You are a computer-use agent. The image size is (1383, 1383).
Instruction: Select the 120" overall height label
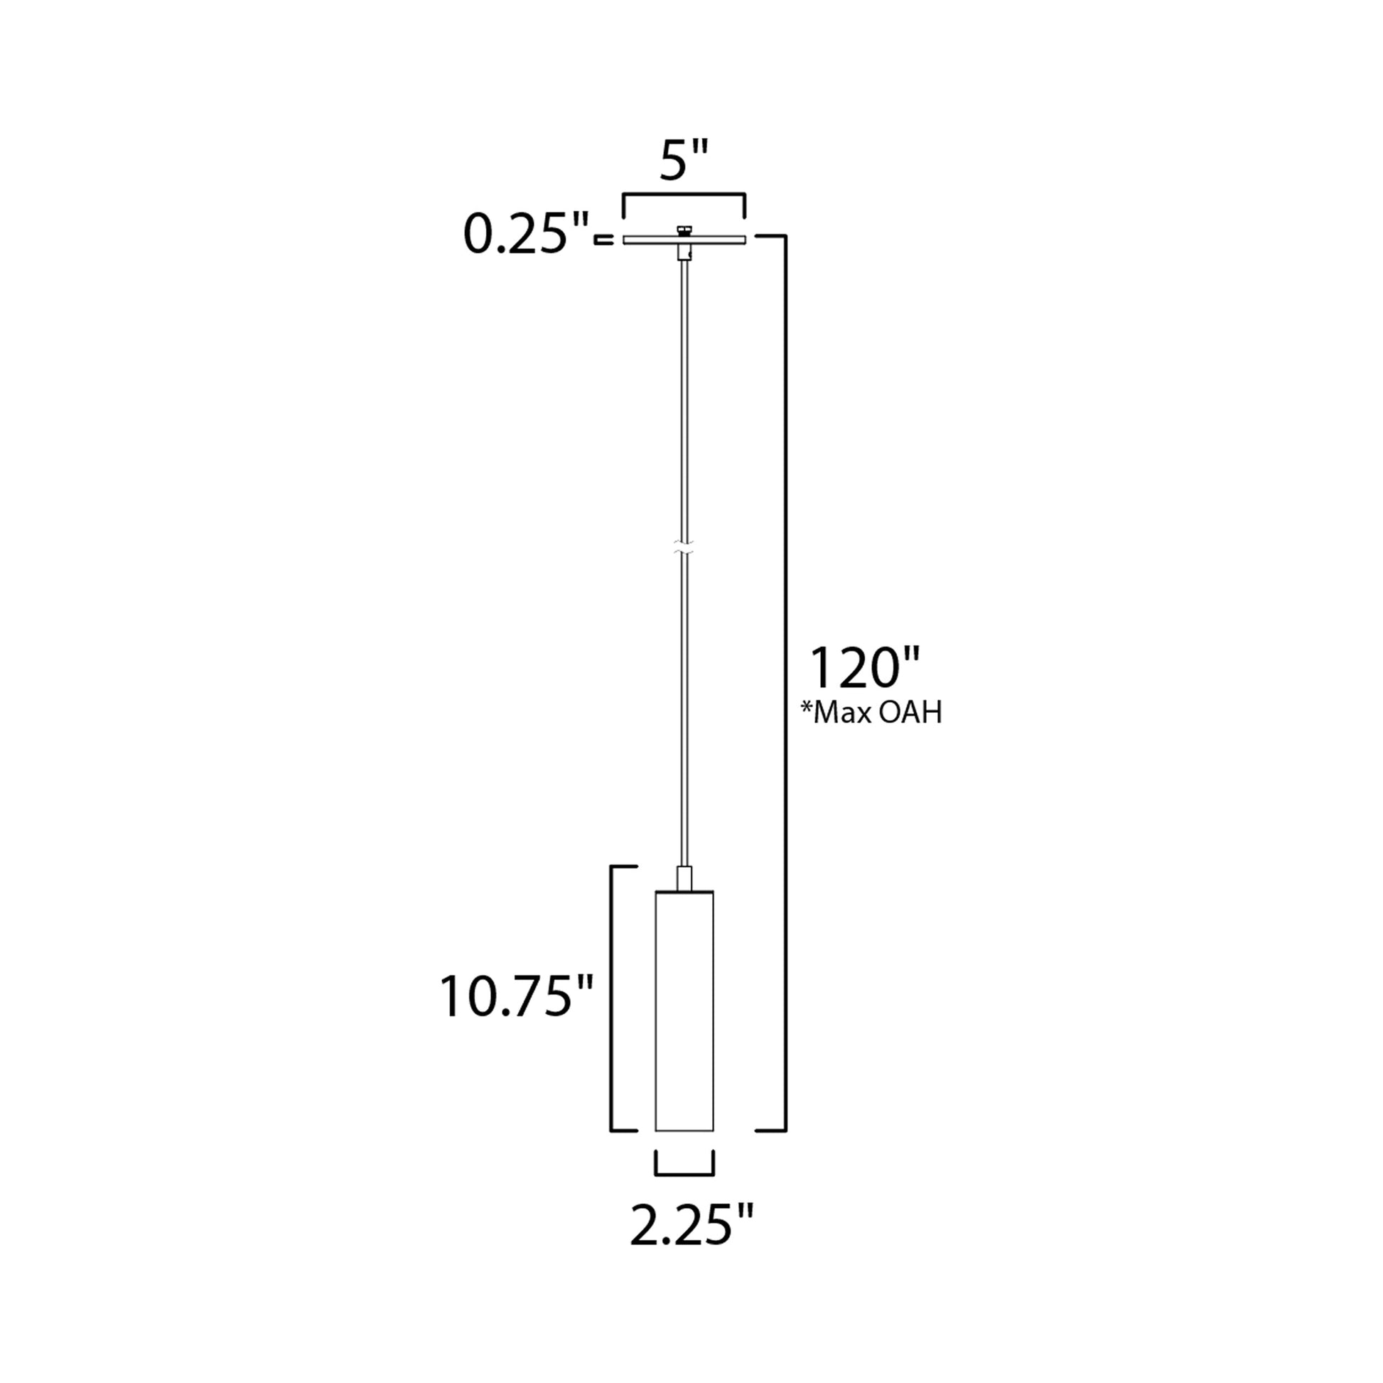(x=863, y=668)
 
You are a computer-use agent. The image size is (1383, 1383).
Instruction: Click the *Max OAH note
(x=871, y=713)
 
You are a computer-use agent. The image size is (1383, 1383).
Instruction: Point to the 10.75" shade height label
(x=515, y=996)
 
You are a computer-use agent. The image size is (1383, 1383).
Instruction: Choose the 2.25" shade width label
(x=691, y=1225)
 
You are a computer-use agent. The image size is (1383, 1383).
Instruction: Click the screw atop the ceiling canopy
(x=684, y=230)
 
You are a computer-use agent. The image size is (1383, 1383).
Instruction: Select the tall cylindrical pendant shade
(x=684, y=1016)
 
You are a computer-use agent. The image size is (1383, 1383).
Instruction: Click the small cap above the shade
(x=684, y=878)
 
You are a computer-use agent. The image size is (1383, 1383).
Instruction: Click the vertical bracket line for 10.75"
(x=610, y=1002)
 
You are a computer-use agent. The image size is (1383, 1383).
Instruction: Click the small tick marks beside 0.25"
(x=604, y=240)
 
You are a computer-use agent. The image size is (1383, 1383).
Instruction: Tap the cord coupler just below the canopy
(x=684, y=253)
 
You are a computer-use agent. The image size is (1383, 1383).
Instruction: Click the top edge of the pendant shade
(x=684, y=891)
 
